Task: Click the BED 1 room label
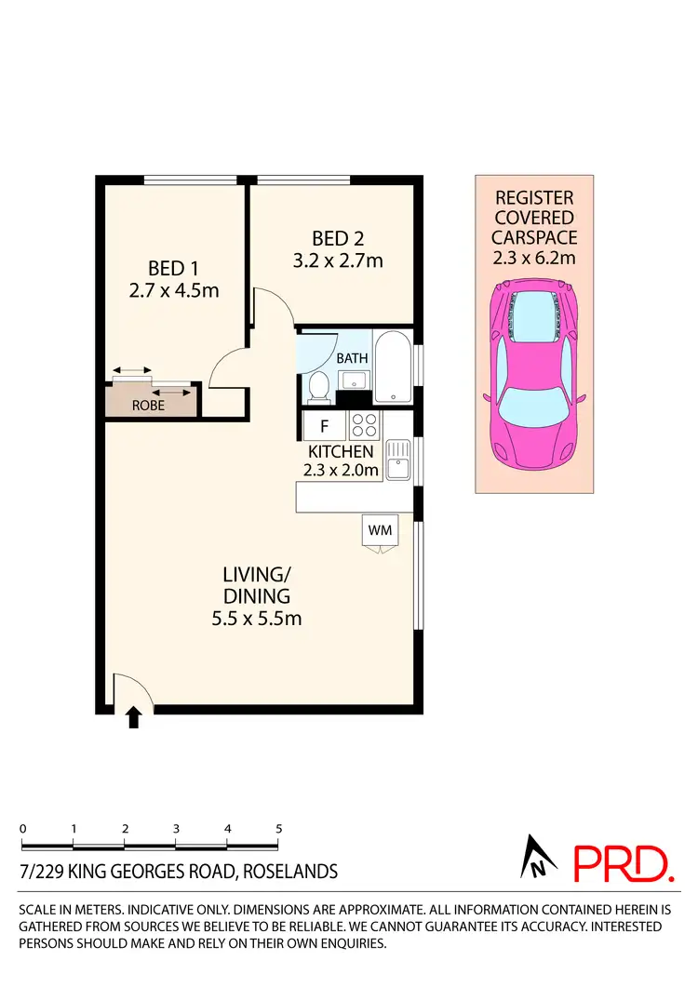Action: click(167, 268)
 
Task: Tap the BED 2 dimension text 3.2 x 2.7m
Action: click(337, 260)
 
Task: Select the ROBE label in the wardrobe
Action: click(147, 406)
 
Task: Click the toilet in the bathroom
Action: click(318, 386)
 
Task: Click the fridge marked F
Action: click(324, 427)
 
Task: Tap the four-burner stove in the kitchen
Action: click(365, 426)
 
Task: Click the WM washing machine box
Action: click(380, 529)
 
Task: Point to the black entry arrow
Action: click(134, 716)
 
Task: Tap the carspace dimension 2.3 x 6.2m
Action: click(534, 259)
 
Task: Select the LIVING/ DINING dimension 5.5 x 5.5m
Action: click(255, 618)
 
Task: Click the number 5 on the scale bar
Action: click(278, 828)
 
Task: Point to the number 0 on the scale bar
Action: click(21, 828)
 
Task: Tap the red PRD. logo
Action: click(623, 863)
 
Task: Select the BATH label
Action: click(352, 358)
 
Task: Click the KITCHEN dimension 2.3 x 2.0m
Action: click(341, 470)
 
